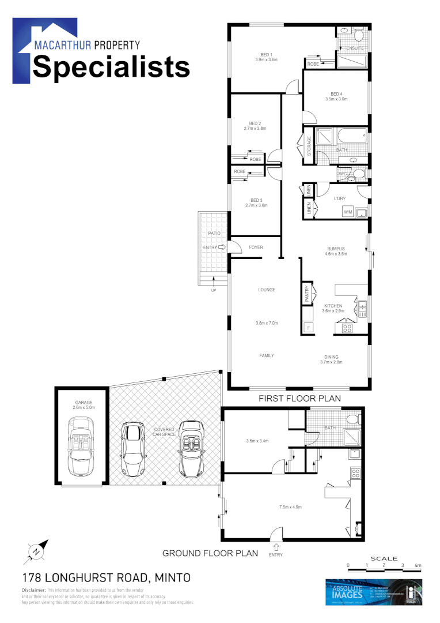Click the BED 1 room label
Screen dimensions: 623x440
[x=266, y=54]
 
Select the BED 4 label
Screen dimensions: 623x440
[x=336, y=94]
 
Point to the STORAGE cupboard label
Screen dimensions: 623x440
[x=309, y=146]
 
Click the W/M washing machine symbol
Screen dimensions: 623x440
[x=348, y=212]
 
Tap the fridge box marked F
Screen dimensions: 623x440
[x=308, y=328]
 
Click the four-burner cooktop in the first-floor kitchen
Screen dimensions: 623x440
[x=348, y=328]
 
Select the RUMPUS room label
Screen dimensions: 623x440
[x=336, y=249]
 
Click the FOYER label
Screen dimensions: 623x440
[x=256, y=247]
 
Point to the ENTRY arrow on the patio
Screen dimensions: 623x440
[x=220, y=247]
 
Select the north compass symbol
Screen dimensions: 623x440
[x=36, y=552]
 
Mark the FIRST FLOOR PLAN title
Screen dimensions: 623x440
[x=299, y=398]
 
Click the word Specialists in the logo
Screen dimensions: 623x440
[x=111, y=67]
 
